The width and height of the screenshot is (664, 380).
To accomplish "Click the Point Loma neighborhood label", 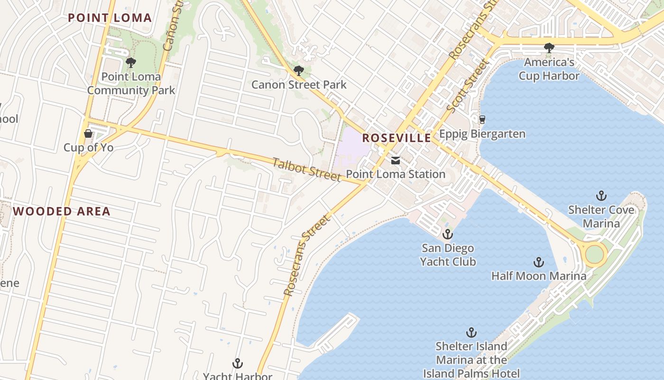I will click(x=110, y=18).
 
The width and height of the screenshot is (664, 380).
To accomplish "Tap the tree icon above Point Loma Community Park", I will click(x=130, y=62).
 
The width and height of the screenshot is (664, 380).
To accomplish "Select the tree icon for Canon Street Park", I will click(x=298, y=71).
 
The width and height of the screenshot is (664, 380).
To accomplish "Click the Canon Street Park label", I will click(x=299, y=85).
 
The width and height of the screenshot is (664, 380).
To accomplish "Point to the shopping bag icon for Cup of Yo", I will click(x=88, y=133).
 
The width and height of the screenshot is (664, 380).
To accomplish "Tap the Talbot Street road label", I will click(x=307, y=170).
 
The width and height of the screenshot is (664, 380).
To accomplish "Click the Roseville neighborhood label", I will click(x=397, y=138).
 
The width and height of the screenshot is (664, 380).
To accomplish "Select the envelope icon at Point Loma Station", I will click(x=396, y=161).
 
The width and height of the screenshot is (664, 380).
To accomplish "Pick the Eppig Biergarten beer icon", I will click(x=482, y=119).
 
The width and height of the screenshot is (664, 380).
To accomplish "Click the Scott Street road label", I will click(x=467, y=85).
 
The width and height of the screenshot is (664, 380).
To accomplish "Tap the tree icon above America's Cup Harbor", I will click(x=549, y=47).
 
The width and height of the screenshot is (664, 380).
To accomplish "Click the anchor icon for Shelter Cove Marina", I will click(x=601, y=195).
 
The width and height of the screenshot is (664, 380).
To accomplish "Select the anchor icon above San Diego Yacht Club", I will click(x=448, y=234).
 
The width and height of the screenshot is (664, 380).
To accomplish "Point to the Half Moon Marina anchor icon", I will click(x=539, y=262).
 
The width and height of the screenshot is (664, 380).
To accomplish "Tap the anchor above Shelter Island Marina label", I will click(x=471, y=332).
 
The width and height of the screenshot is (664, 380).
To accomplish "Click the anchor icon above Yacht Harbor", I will click(x=238, y=364).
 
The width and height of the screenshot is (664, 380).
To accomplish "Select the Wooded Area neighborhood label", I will click(x=62, y=211).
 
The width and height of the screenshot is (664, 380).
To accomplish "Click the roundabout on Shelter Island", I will click(x=594, y=254).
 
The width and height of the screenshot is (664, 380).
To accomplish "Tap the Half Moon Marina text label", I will click(x=539, y=276).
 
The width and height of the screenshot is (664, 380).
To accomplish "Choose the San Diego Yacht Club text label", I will click(x=448, y=255).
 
